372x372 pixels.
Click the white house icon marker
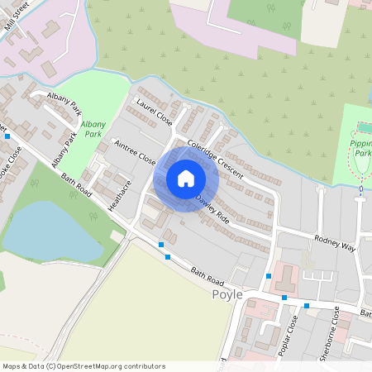click(x=186, y=179)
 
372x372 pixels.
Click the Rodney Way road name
click(x=334, y=241)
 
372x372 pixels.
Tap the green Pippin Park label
click(x=359, y=147)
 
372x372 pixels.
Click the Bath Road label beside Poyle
click(x=207, y=276)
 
